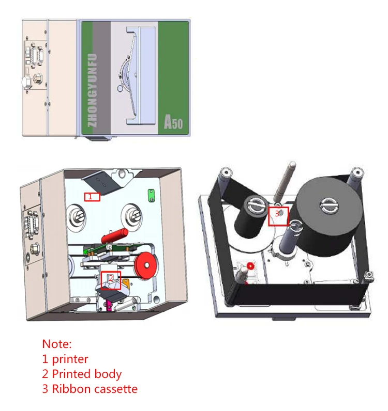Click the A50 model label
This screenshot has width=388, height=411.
click(173, 122)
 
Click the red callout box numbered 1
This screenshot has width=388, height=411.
click(92, 196)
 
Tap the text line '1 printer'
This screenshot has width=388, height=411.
click(65, 358)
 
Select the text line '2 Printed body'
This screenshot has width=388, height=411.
click(82, 373)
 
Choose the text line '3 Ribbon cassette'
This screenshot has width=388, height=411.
click(90, 388)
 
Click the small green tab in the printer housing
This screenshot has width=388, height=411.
click(151, 195)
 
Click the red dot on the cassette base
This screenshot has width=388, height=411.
click(250, 265)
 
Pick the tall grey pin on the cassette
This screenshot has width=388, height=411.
click(285, 186)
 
